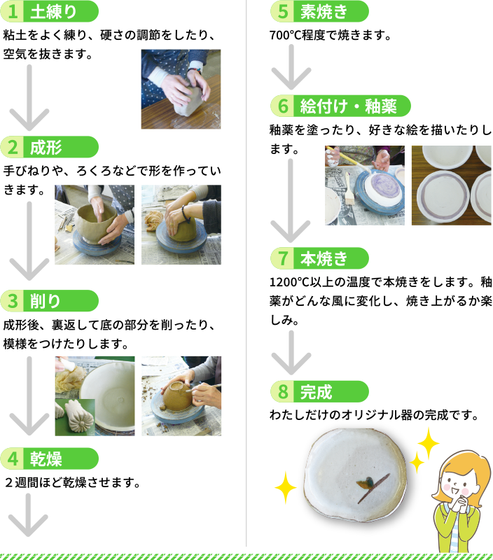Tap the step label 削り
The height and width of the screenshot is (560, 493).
click(46, 301)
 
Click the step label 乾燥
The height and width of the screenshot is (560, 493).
click(46, 458)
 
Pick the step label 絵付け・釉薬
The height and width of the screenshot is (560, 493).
click(348, 106)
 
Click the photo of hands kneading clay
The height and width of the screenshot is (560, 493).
click(181, 89)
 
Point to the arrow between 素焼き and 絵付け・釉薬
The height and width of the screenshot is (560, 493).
click(291, 67)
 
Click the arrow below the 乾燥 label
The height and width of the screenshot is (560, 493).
click(29, 515)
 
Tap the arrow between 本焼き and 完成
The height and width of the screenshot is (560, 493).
click(291, 352)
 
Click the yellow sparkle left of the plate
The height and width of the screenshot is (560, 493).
click(286, 488)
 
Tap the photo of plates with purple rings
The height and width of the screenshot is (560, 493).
click(451, 185)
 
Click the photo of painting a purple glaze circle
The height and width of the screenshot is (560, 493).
click(365, 185)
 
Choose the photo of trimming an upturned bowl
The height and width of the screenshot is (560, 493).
click(181, 395)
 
